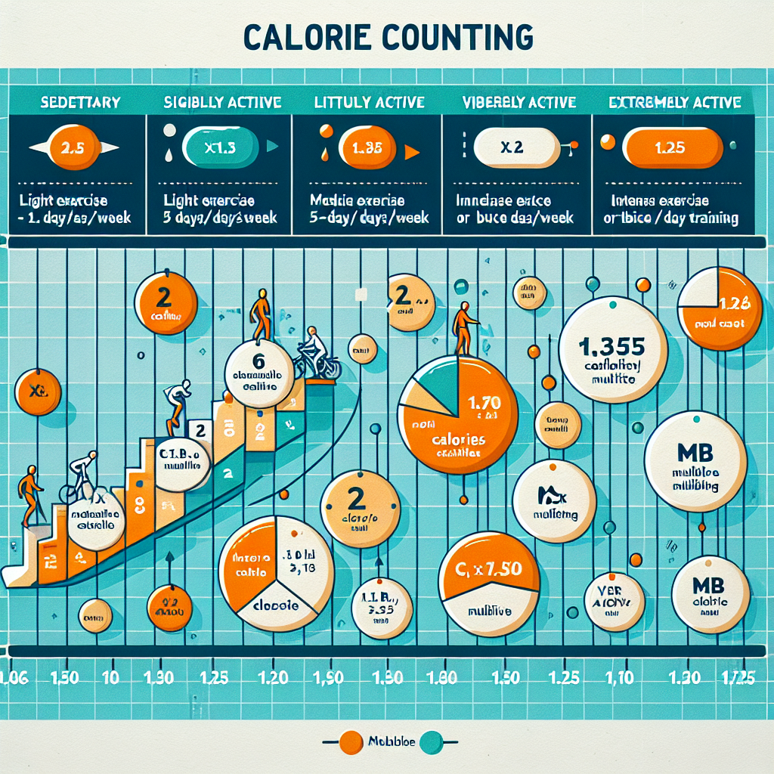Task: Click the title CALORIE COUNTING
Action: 386,36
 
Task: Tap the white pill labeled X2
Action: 511,147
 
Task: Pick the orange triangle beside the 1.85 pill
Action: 412,152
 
